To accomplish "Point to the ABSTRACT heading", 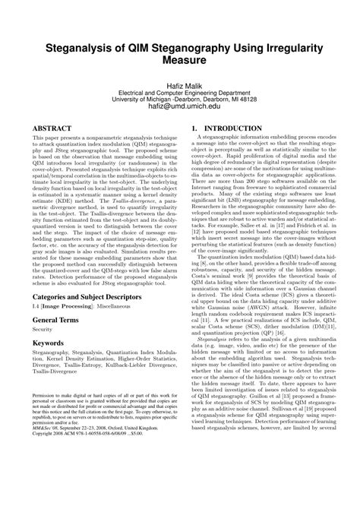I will [x=55, y=129].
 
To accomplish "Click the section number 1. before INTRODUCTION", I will [x=195, y=129].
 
